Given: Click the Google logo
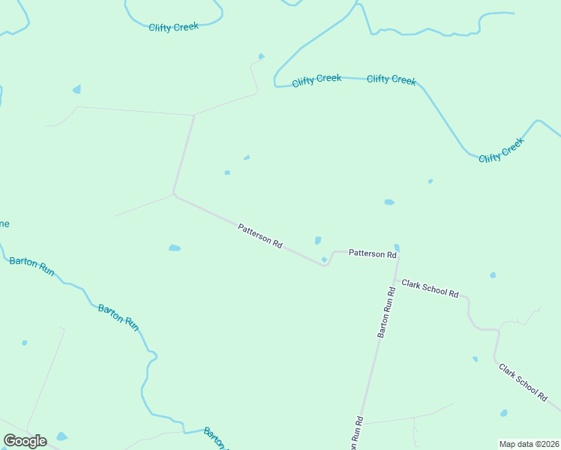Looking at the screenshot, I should point(25,441).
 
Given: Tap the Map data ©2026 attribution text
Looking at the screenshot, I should point(529,444).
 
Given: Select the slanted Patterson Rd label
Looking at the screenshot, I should point(259,236).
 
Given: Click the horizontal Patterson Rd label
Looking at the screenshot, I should point(372,254).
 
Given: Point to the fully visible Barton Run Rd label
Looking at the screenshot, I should point(385,311).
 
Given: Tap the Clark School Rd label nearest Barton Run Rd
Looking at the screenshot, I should point(430,289).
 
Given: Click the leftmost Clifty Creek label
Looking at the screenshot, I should point(173,27).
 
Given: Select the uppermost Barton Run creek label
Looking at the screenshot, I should point(31,266).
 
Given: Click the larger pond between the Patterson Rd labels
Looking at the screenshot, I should point(318,241).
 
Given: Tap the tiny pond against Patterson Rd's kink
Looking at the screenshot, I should point(324,259).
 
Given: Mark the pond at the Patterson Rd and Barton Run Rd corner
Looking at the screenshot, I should point(397,247).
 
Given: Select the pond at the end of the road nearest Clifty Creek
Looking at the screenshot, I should point(261,56).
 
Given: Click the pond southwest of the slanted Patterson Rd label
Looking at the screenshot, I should point(175,247).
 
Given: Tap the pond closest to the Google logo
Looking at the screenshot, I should point(61,436).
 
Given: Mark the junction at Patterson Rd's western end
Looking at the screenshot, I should point(174,194).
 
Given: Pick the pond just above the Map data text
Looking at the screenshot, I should point(504,413).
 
